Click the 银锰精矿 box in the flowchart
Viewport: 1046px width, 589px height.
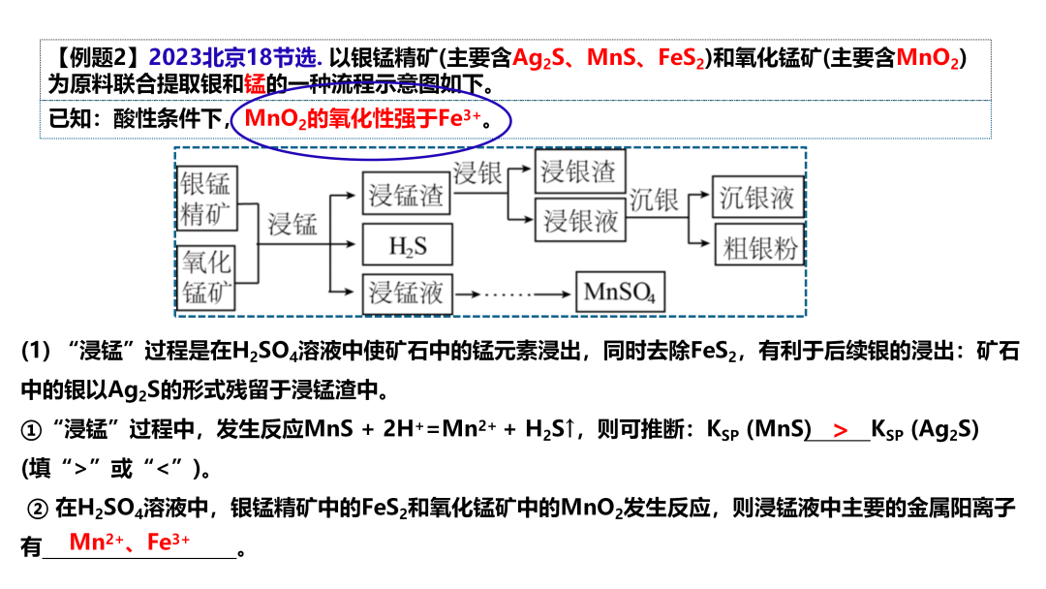pos(207,199)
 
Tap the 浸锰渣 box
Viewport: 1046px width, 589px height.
pos(407,197)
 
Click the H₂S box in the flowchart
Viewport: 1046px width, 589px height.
pos(407,246)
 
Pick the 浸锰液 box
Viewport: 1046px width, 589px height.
pos(407,292)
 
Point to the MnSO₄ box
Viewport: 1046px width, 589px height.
pos(620,292)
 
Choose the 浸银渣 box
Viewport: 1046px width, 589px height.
pos(579,172)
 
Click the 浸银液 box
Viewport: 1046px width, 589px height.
pos(579,220)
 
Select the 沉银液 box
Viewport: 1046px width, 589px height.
pos(757,199)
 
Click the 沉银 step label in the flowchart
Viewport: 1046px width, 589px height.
pos(654,200)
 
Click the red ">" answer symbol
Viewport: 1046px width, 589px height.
pos(840,430)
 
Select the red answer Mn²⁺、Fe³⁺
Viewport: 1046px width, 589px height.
pos(130,542)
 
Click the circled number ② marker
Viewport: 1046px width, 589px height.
pos(39,507)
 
